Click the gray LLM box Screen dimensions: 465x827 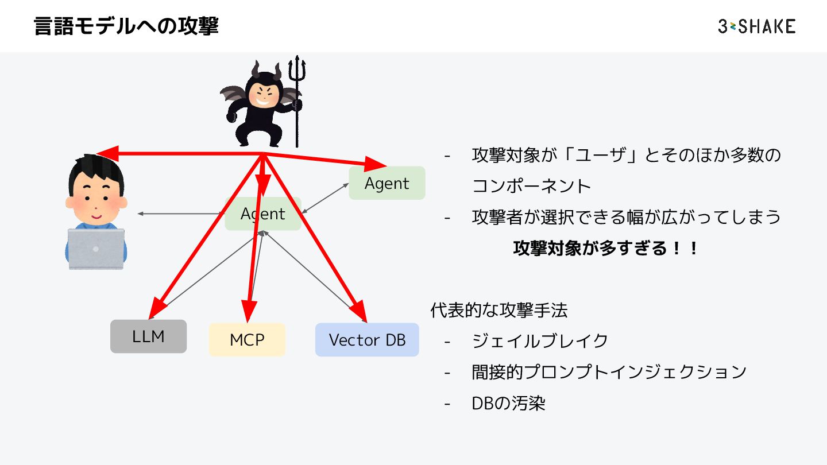coord(148,336)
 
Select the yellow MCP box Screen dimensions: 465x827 coord(247,339)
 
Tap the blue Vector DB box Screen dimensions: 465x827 coord(367,339)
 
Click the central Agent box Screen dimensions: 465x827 coord(263,214)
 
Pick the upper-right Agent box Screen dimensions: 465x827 coord(387,183)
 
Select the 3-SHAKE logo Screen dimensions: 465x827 coord(756,26)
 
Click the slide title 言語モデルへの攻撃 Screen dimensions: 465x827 coord(126,26)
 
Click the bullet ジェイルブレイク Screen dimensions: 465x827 coord(539,340)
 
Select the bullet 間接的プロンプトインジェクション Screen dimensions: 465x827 coord(609,371)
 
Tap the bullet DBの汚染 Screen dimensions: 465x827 coord(508,402)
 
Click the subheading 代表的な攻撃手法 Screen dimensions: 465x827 coord(498,310)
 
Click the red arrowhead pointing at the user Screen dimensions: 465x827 coord(106,153)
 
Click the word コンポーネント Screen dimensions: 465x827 coord(531,185)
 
